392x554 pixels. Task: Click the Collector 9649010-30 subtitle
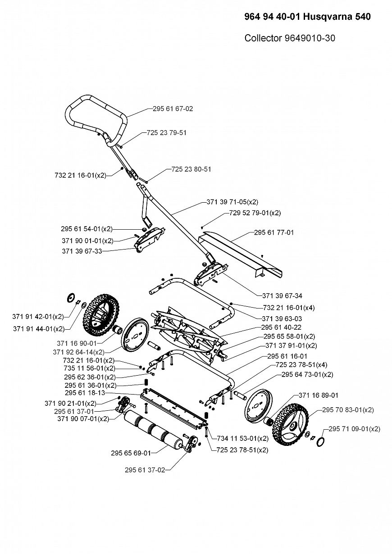(289, 38)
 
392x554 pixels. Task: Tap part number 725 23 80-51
(191, 169)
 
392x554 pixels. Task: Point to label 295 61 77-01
(273, 232)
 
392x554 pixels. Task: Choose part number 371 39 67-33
(82, 251)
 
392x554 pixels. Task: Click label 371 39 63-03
(282, 319)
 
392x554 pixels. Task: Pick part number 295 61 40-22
(281, 327)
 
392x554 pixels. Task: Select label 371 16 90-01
(77, 343)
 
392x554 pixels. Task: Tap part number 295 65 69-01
(131, 453)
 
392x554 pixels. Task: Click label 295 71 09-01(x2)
(354, 429)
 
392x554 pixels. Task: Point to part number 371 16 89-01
(318, 395)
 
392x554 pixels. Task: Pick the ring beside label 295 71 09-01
(321, 440)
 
